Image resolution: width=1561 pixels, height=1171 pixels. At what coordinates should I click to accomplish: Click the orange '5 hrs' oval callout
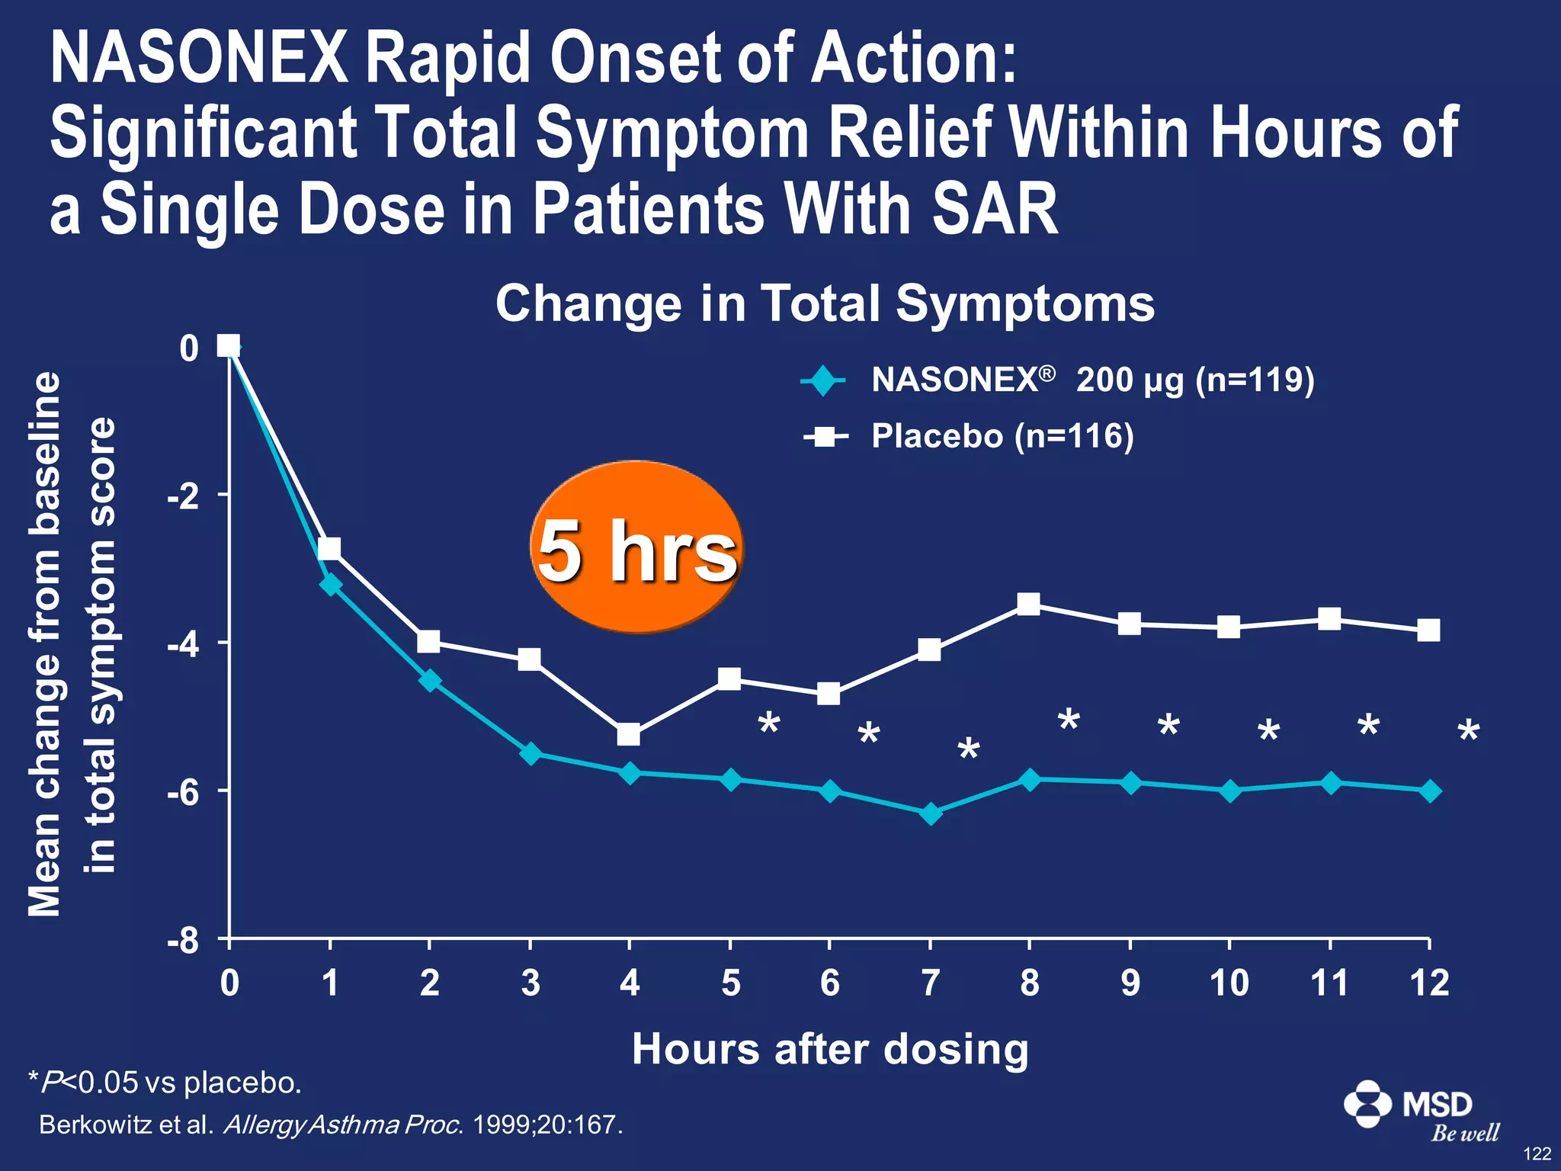click(x=636, y=547)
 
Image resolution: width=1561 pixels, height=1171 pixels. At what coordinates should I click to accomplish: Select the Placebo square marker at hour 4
click(x=629, y=735)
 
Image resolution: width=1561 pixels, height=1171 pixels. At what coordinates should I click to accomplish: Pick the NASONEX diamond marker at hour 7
click(x=930, y=813)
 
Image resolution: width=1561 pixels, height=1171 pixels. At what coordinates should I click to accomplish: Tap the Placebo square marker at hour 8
click(x=1029, y=605)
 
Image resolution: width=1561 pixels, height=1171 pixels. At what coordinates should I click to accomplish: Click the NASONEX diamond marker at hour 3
click(x=530, y=754)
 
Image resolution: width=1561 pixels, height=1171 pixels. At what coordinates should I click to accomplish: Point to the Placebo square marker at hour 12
click(x=1428, y=630)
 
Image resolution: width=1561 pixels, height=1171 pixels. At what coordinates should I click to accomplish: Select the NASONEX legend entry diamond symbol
click(x=823, y=380)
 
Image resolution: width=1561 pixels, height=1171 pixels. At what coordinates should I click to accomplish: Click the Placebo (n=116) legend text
click(x=1002, y=437)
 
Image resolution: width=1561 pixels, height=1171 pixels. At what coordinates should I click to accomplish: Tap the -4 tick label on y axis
click(x=183, y=645)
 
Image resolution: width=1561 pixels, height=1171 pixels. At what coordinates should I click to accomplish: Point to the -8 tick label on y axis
click(x=183, y=942)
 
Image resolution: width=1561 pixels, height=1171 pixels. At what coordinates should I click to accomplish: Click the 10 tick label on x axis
click(x=1229, y=983)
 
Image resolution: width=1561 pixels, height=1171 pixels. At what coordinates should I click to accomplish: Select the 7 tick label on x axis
click(x=930, y=983)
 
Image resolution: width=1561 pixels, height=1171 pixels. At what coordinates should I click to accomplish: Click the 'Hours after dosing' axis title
click(x=830, y=1049)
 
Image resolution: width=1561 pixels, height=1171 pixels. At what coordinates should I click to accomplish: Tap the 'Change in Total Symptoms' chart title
click(x=825, y=303)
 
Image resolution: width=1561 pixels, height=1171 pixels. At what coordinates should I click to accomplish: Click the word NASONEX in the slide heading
click(x=198, y=59)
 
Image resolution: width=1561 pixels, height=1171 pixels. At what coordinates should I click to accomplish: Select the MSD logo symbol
click(x=1368, y=1103)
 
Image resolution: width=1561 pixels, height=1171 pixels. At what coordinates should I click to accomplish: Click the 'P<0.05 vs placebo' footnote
click(x=165, y=1083)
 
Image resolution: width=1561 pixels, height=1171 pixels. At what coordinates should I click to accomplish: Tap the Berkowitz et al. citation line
click(x=331, y=1125)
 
